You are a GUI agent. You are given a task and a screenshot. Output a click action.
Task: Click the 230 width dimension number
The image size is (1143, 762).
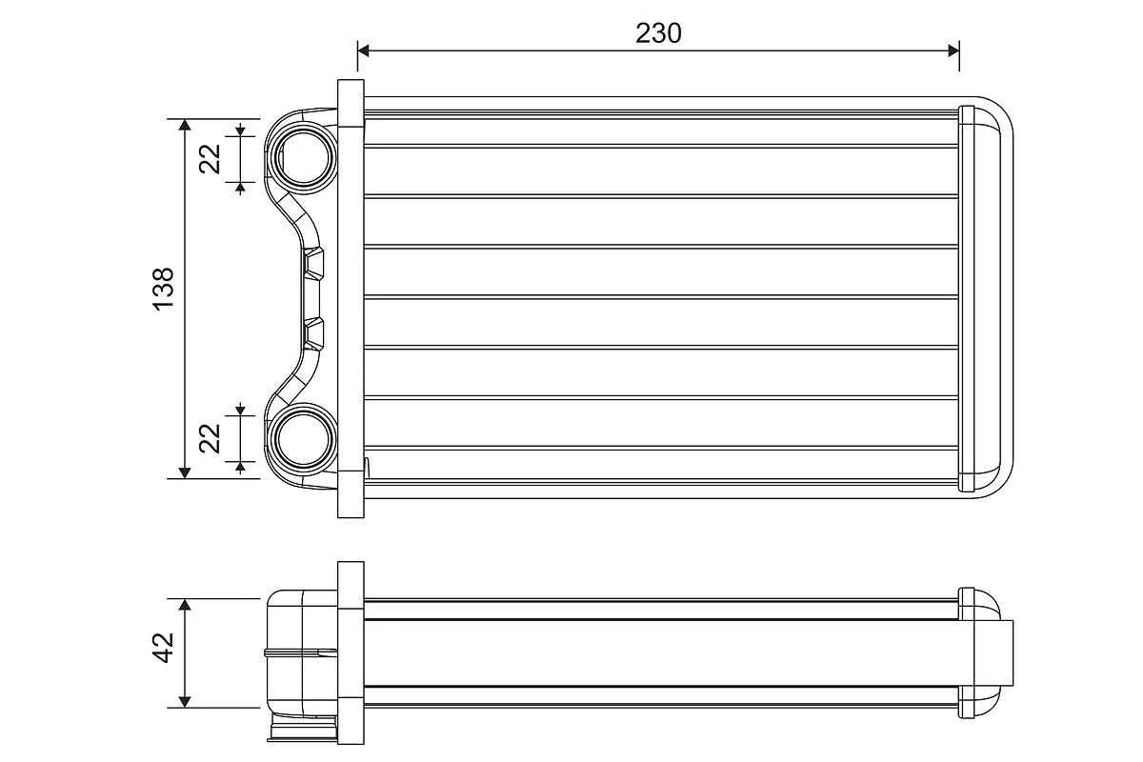(x=659, y=33)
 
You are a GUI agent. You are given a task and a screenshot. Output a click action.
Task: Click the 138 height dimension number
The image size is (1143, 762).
(x=163, y=286)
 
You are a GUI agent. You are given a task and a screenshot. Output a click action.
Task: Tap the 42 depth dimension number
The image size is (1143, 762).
(x=163, y=649)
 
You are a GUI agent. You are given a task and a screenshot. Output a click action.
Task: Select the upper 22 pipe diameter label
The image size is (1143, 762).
(x=211, y=155)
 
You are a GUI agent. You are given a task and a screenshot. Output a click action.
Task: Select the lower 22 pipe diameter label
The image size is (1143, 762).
(x=211, y=437)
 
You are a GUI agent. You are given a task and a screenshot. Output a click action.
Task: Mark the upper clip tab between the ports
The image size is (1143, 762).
(x=314, y=263)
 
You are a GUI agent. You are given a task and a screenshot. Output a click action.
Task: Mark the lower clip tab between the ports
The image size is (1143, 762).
(x=314, y=332)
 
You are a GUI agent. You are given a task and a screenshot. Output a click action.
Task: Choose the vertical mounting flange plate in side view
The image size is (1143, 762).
(x=351, y=652)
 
